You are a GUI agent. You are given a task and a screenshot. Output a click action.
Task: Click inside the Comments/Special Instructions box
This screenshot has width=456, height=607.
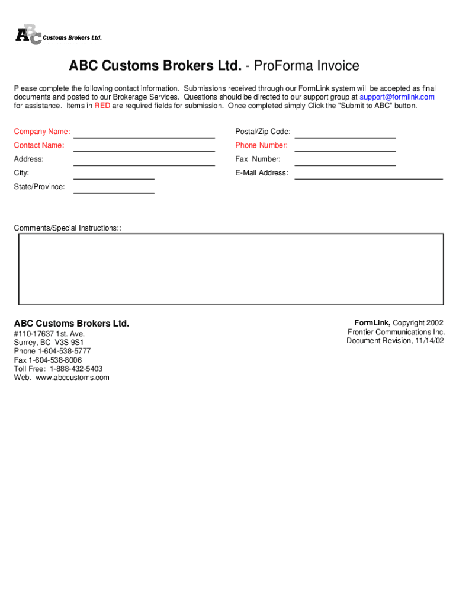pos(231,269)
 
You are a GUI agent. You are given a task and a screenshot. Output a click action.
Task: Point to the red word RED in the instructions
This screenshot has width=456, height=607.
pos(102,106)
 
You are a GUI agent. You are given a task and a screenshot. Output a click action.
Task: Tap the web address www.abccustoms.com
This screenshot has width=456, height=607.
pos(72,378)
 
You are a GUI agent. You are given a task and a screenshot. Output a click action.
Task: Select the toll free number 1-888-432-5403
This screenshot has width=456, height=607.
pos(76,369)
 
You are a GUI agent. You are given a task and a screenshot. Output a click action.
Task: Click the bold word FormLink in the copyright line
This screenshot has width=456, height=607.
pos(372,323)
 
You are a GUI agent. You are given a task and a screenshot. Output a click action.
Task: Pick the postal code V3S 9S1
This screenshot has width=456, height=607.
pos(70,343)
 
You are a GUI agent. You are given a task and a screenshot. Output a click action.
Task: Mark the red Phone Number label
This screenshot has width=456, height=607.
pos(261,146)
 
